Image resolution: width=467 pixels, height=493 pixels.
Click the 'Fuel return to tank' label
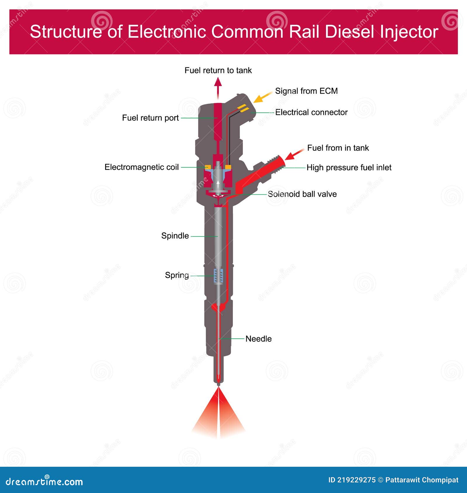click(x=218, y=70)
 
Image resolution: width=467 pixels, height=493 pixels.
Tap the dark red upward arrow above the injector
click(x=218, y=88)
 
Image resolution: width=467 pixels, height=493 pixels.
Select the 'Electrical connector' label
click(x=311, y=112)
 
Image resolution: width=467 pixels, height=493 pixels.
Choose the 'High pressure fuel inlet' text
click(x=349, y=167)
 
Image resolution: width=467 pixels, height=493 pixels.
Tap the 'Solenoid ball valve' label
click(x=302, y=194)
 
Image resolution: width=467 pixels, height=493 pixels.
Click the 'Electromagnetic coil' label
click(x=142, y=167)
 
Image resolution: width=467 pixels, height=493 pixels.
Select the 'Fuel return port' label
click(x=150, y=118)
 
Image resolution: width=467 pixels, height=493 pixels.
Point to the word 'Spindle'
click(x=175, y=236)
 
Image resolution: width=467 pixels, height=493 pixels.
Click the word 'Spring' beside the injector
click(x=177, y=275)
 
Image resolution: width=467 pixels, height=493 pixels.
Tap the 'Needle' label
click(x=258, y=339)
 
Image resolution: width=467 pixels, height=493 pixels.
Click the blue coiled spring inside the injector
click(x=218, y=276)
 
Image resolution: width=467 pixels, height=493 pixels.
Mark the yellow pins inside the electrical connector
click(x=243, y=109)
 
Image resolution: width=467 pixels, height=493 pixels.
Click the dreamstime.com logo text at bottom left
click(x=44, y=482)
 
